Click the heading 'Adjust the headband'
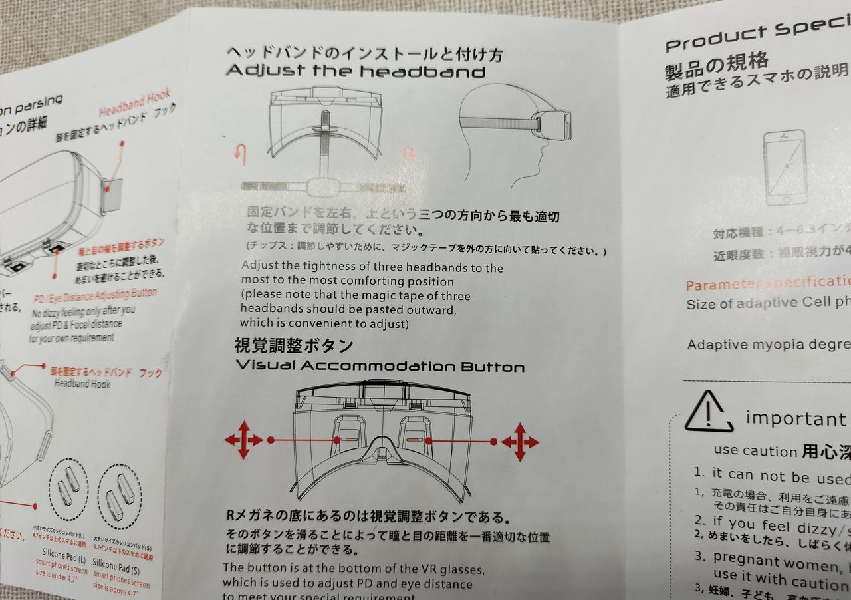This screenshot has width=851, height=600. click(x=356, y=71)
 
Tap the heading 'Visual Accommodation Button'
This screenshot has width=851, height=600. click(x=380, y=366)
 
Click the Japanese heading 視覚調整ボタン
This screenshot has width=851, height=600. click(x=293, y=346)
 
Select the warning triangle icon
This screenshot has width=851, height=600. click(x=709, y=413)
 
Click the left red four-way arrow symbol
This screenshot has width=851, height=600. click(x=243, y=440)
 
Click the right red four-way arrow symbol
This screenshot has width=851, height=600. click(x=520, y=442)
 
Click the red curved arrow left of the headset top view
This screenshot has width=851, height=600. click(x=240, y=154)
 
